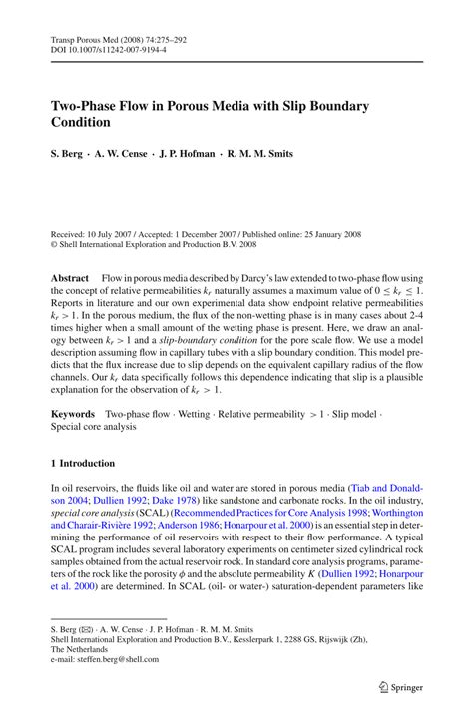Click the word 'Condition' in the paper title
pos(81,123)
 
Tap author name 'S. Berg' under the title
pos(69,156)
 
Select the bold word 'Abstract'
pos(74,248)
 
